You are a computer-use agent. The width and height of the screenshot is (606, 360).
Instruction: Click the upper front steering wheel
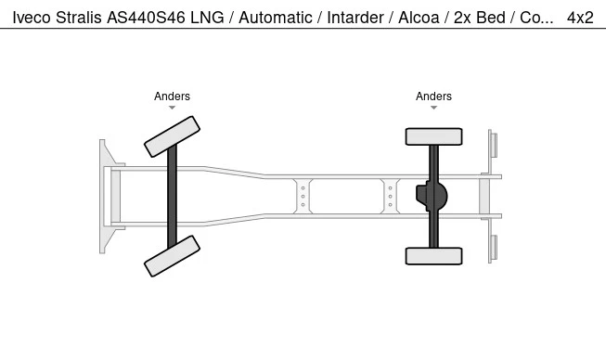(172, 136)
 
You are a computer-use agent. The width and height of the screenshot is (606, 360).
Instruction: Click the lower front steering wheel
(172, 256)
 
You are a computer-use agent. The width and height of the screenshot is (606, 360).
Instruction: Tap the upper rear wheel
(433, 136)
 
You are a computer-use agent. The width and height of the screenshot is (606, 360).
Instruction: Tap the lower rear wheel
(433, 256)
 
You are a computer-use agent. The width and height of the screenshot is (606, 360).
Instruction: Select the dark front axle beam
(172, 196)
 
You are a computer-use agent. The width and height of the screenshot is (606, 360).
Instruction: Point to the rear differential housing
(432, 196)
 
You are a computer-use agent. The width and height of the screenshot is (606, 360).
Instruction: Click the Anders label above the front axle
(172, 96)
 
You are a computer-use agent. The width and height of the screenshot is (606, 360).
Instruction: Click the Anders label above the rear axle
(433, 96)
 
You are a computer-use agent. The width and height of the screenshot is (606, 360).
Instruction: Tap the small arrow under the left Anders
(172, 108)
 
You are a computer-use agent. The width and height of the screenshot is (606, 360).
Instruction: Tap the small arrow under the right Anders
(433, 108)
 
